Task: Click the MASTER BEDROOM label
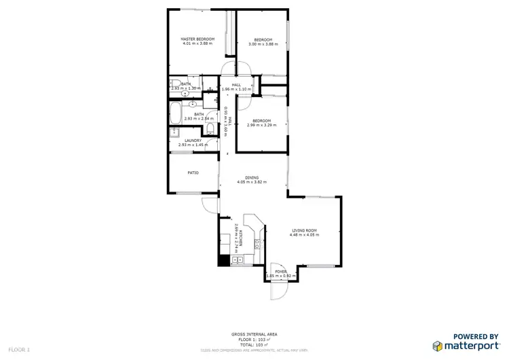click(197, 39)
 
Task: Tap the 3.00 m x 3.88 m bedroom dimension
click(263, 44)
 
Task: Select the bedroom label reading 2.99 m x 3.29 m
click(263, 124)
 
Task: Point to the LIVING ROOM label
click(305, 231)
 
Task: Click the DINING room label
click(251, 178)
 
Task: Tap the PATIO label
click(193, 173)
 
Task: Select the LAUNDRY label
click(193, 141)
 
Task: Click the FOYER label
click(280, 272)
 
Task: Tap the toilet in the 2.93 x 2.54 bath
click(211, 128)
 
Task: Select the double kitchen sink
click(237, 260)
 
